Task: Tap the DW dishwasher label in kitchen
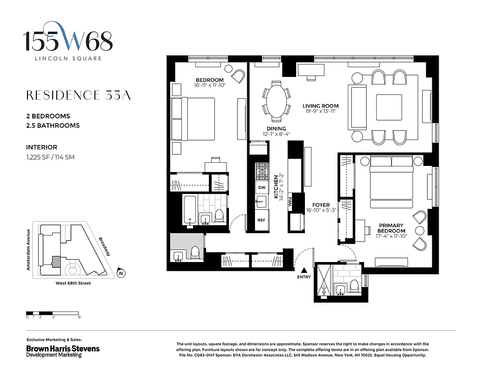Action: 262,187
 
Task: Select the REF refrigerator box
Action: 262,220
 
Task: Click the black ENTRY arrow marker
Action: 304,270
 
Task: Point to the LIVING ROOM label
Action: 320,106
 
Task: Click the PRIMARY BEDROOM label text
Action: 392,228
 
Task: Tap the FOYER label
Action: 321,205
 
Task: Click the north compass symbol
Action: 121,274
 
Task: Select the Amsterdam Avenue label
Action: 28,250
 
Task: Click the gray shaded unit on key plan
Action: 56,260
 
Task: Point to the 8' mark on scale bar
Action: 80,317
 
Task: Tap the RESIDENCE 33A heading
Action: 78,96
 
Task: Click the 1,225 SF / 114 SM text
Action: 50,157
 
